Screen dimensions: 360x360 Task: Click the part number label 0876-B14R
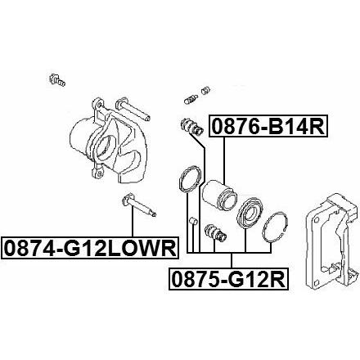pos(268,126)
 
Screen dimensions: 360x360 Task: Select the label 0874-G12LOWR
pos(89,248)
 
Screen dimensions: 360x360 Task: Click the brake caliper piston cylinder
pos(220,195)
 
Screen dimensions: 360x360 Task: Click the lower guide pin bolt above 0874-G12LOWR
pos(138,205)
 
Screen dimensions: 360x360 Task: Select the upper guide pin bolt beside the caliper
pos(133,109)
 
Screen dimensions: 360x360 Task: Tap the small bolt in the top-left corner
pos(56,79)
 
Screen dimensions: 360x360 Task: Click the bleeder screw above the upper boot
pos(191,99)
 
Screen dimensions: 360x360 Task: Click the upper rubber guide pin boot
pos(191,127)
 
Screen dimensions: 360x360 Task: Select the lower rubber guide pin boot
pos(215,232)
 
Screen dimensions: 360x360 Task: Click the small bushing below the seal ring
pos(193,221)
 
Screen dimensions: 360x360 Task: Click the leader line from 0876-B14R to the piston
pos(224,160)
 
